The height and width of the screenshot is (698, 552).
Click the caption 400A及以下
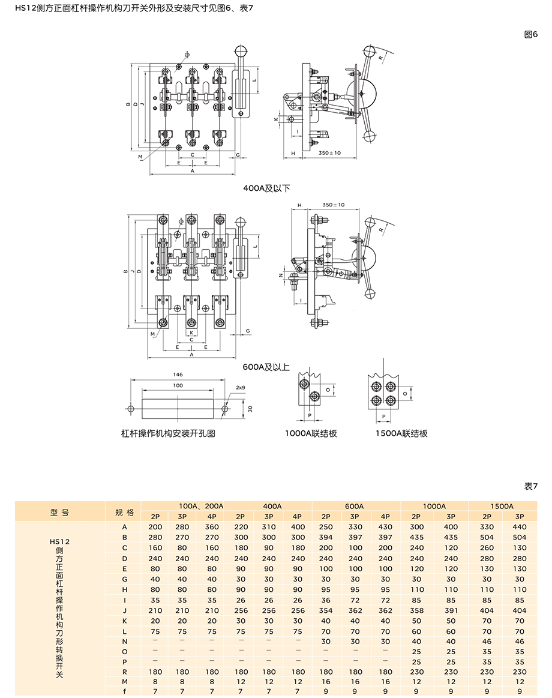266,188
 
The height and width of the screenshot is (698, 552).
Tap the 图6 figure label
531,34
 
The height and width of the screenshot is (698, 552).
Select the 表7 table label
531,486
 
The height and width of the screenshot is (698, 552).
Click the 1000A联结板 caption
311,433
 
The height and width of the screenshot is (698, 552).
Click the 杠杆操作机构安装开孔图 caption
168,433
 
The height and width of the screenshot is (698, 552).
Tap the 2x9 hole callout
241,388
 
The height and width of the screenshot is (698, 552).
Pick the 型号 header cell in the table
59,512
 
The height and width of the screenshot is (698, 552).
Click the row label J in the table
125,610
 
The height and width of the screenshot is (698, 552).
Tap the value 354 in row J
326,610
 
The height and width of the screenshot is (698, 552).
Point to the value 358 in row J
416,610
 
